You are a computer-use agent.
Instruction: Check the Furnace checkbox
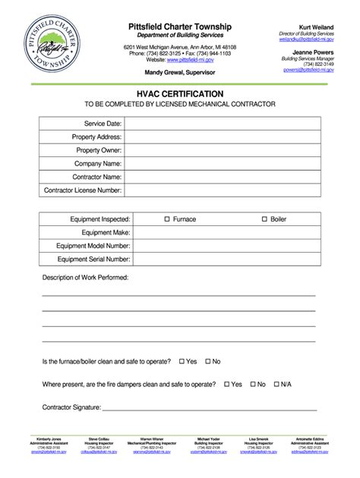tap(168, 219)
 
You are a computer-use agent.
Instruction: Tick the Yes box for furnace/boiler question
tap(180, 361)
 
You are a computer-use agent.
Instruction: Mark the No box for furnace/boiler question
tap(207, 361)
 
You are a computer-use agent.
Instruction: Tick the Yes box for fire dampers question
tap(226, 385)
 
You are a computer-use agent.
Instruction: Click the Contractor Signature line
tap(209, 409)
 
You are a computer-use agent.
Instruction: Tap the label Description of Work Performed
tap(85, 278)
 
